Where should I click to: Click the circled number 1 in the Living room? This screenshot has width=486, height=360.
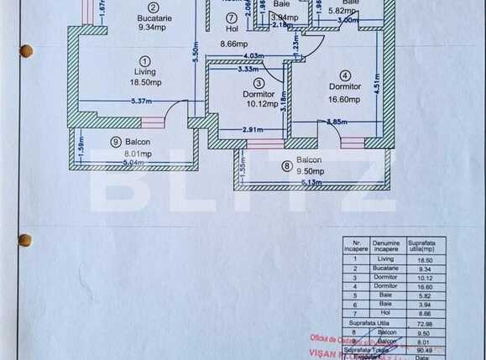[x=145, y=60]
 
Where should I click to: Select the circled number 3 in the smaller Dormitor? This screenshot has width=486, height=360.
[x=259, y=83]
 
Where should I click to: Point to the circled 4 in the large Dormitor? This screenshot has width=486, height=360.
[x=345, y=75]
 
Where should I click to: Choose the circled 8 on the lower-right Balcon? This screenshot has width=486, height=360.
[x=287, y=166]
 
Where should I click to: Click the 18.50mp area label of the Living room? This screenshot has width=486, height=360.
[x=145, y=83]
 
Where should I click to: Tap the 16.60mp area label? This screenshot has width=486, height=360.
[x=344, y=99]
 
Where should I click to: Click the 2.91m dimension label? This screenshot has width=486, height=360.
[x=253, y=130]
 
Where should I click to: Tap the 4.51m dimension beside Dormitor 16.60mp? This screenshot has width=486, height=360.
[x=378, y=82]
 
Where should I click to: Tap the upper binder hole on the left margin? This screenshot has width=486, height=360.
[x=26, y=51]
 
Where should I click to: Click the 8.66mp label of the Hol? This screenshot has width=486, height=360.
[x=234, y=44]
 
